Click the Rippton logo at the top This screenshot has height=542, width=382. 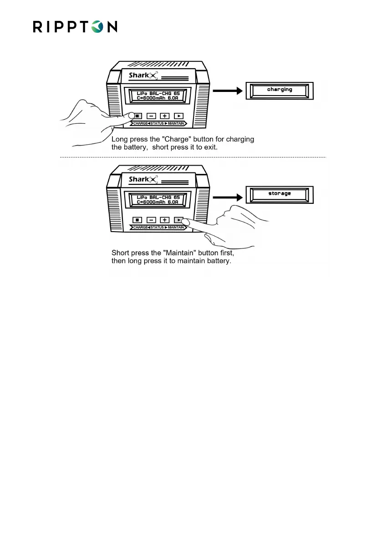point(75,26)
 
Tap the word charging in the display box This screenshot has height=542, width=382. point(280,90)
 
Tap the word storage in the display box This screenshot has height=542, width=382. point(280,193)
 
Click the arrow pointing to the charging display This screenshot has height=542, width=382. point(228,91)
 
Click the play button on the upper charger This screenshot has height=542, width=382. point(179,116)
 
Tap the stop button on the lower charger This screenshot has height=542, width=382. point(137,219)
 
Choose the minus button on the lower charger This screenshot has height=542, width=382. point(151,219)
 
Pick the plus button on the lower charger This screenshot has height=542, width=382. point(165,219)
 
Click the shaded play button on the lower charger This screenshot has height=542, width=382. point(179,219)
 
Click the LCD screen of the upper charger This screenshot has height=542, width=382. point(158,96)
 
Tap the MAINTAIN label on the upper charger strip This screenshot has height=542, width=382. point(174,123)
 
